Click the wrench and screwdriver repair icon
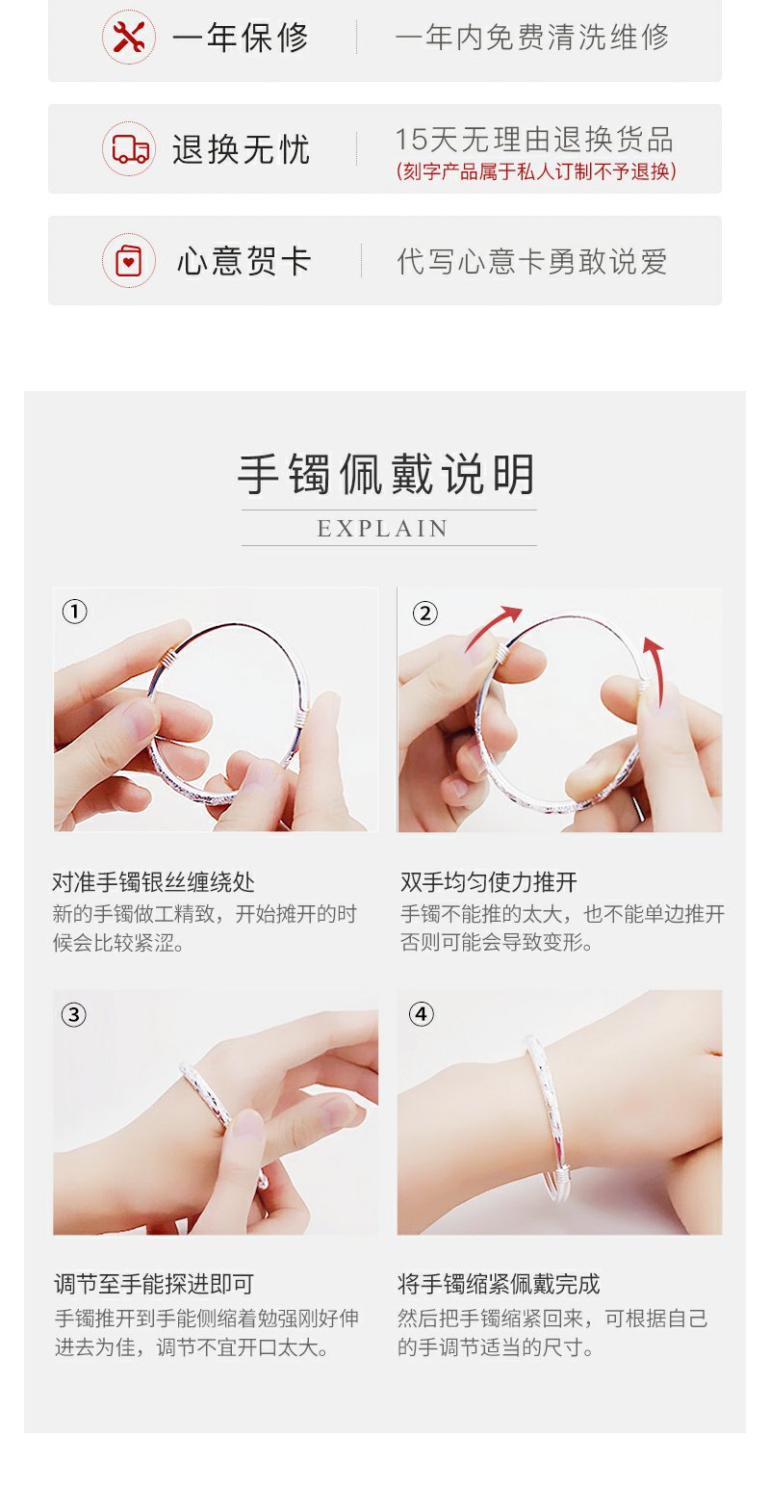tap(129, 37)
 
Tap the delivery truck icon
tap(130, 149)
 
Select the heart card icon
tap(129, 261)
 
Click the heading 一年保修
tap(241, 38)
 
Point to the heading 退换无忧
tap(242, 149)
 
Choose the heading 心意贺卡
tap(244, 261)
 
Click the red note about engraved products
tap(535, 171)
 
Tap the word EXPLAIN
tap(383, 529)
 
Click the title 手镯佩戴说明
tap(386, 474)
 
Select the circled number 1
tap(74, 611)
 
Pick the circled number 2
tap(425, 613)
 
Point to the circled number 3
tap(74, 1015)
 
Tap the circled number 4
tap(422, 1014)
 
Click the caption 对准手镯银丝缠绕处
tap(153, 882)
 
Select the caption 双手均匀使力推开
tap(488, 882)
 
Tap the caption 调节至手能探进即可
tap(154, 1284)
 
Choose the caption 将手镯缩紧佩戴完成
tap(499, 1284)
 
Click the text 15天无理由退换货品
tap(534, 140)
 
